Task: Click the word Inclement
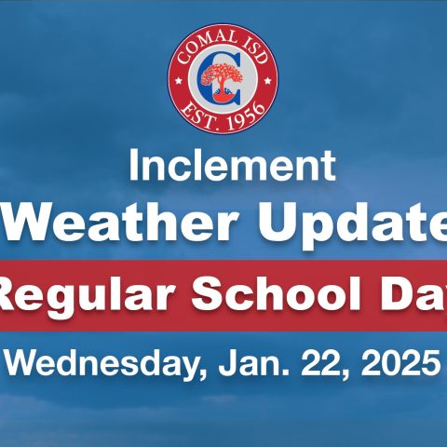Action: click(232, 165)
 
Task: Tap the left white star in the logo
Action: click(179, 81)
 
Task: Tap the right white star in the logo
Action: click(267, 81)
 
